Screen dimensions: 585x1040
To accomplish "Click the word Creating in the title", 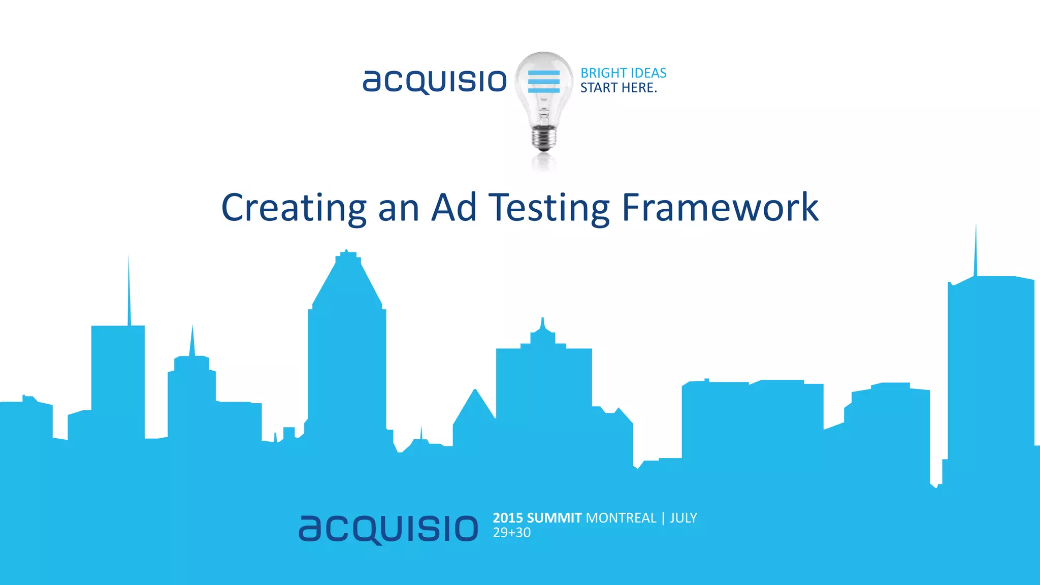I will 294,208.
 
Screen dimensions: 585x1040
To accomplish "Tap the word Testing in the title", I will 549,208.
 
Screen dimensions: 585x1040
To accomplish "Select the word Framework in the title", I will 720,208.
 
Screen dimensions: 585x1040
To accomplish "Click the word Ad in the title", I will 454,208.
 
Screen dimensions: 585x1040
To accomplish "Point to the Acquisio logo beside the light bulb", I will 435,81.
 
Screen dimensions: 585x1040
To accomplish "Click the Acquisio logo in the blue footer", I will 388,529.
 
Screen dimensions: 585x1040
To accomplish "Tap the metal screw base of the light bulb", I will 544,138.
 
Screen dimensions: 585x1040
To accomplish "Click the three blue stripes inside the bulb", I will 544,82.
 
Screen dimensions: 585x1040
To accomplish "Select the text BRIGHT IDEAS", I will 623,73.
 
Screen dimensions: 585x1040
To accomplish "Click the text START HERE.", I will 619,88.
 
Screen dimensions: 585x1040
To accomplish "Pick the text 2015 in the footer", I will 508,518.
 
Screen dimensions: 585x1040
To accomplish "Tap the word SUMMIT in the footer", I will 554,518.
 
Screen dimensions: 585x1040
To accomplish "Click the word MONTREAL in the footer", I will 621,518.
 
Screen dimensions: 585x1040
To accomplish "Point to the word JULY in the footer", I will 684,518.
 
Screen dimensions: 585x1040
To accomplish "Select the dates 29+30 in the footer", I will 512,533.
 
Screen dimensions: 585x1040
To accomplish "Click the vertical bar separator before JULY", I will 663,518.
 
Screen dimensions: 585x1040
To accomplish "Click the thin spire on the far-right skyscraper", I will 976,251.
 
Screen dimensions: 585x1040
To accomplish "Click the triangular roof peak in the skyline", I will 475,401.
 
